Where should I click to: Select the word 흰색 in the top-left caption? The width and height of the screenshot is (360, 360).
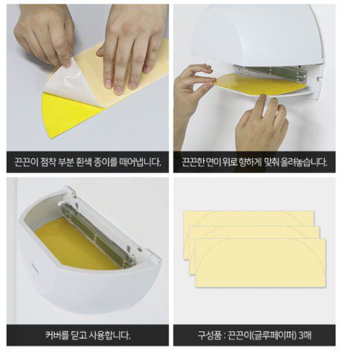(x=92, y=163)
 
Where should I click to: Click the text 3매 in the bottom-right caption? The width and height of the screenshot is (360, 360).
(x=305, y=335)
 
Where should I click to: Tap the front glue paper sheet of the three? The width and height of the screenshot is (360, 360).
(x=261, y=263)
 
